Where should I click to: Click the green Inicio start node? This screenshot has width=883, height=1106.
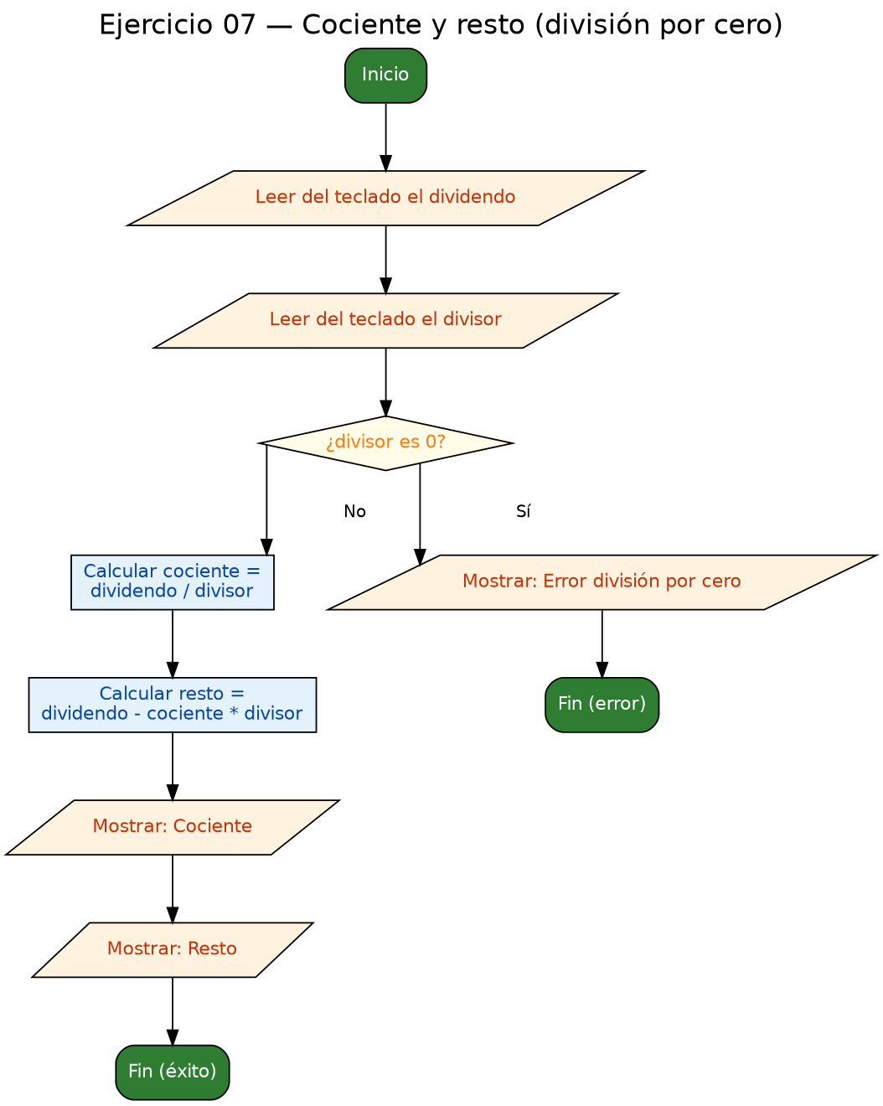(x=385, y=75)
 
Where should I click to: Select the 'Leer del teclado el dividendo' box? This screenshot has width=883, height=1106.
(x=385, y=198)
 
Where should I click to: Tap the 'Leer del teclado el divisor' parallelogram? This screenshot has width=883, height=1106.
(x=385, y=320)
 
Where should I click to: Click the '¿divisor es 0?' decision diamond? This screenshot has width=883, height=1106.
(x=385, y=442)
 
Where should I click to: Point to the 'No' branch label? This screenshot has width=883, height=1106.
(x=354, y=511)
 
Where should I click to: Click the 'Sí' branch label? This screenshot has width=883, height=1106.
(x=524, y=511)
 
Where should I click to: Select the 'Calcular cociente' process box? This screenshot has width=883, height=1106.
(x=173, y=582)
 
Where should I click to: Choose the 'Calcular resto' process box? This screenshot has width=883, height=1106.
(x=173, y=705)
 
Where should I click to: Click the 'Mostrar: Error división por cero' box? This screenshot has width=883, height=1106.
(x=602, y=582)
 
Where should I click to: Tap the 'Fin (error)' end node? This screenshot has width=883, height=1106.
(x=602, y=705)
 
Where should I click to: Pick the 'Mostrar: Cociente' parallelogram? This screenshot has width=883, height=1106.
(x=173, y=828)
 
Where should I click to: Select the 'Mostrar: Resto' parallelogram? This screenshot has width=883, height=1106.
(x=173, y=950)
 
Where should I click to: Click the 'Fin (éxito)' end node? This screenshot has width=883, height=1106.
(x=173, y=1072)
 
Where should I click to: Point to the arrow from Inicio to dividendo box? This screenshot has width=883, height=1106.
(x=385, y=137)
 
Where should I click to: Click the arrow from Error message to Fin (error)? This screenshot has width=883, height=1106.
(x=602, y=643)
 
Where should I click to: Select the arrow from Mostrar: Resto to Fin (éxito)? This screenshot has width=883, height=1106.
(x=173, y=1011)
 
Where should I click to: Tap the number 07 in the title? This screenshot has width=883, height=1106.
(x=239, y=24)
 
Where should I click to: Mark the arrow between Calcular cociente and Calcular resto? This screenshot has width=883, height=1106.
(x=173, y=643)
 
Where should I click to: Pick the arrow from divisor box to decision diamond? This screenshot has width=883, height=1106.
(x=385, y=382)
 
